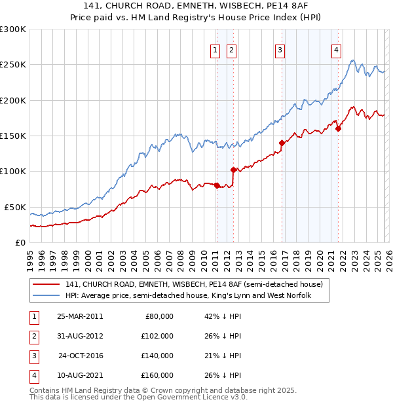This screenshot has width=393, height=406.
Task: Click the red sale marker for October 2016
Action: (x=282, y=143)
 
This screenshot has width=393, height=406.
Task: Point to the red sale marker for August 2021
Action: (x=338, y=128)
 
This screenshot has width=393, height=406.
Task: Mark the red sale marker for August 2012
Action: (x=233, y=170)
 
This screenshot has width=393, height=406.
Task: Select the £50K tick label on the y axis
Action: (x=14, y=207)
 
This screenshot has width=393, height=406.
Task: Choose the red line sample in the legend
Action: (x=47, y=285)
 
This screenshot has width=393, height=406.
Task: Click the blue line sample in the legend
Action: (x=47, y=296)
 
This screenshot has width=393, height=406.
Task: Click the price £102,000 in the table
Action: (x=157, y=336)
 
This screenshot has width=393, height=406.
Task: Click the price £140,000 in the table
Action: (x=157, y=356)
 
